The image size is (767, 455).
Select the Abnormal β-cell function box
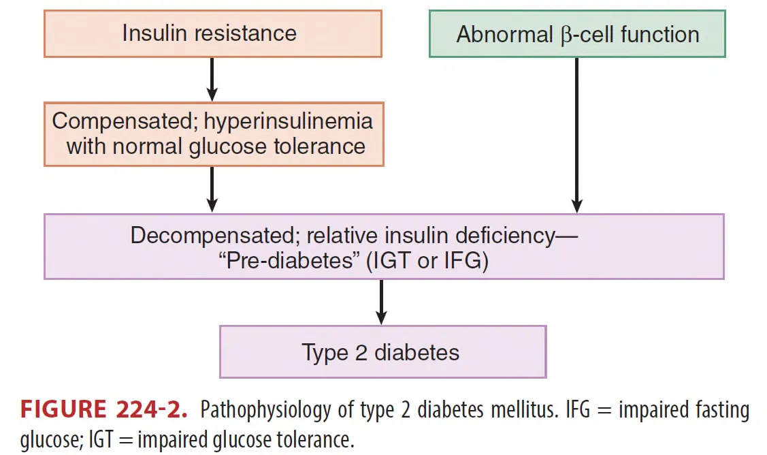[577, 34]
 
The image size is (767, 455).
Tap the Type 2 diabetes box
[382, 352]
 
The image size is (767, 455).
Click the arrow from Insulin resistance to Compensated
[212, 79]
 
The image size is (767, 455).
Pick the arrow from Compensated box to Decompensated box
[212, 189]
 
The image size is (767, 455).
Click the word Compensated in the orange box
[110, 122]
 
